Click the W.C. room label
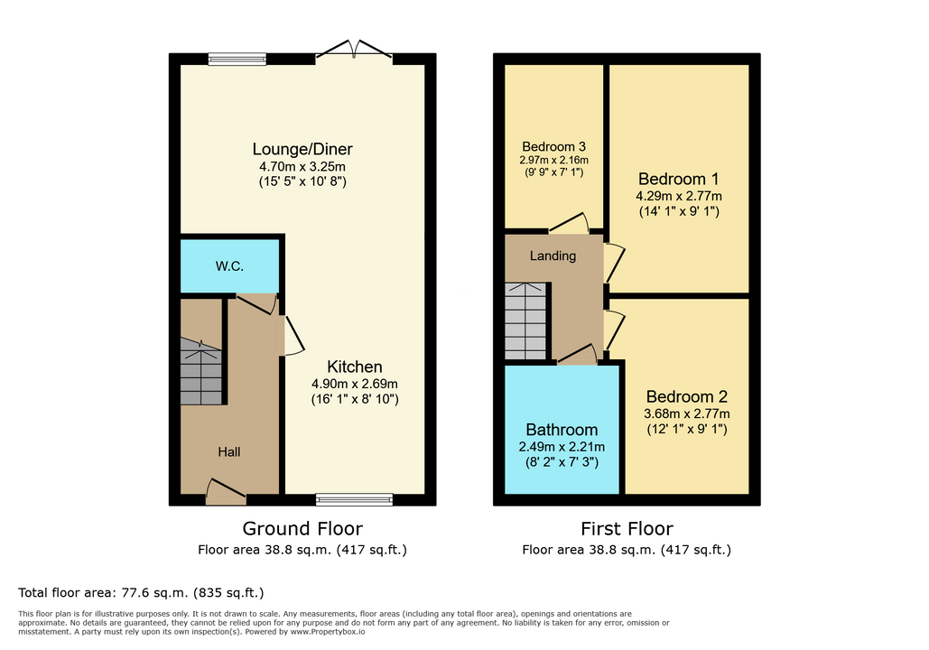point(229,266)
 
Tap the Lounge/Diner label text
point(302,149)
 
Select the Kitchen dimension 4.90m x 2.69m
point(354,384)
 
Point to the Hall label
point(228,451)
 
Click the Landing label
point(553,255)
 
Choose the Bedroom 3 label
point(554,146)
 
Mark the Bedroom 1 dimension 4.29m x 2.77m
point(679,196)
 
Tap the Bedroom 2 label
point(687,396)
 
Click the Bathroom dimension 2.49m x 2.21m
point(562,447)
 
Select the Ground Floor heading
point(302,528)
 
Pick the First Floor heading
point(627,528)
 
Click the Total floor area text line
point(141,592)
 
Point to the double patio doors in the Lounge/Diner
point(354,50)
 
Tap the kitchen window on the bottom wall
point(354,499)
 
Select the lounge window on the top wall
point(237,59)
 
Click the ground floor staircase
point(200,371)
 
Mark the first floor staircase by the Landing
point(525,320)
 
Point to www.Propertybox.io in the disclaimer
point(327,632)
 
